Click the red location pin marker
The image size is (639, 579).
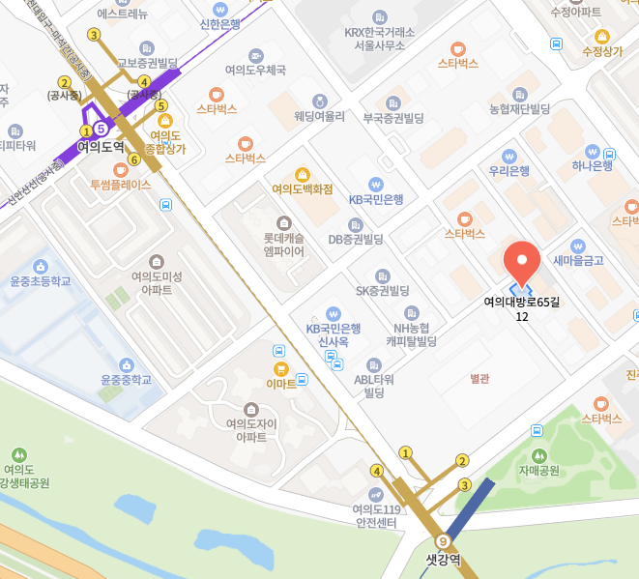click(x=523, y=260)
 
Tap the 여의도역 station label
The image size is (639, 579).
click(x=101, y=146)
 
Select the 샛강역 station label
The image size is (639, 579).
click(x=445, y=559)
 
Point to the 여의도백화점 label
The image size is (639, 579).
click(x=303, y=188)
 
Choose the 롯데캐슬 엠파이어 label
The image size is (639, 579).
click(x=283, y=245)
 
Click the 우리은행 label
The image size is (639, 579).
click(x=508, y=171)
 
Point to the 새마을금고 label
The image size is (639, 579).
click(x=578, y=260)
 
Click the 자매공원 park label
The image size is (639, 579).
click(x=538, y=471)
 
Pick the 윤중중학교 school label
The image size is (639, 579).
click(x=127, y=379)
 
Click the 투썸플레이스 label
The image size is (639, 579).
click(x=121, y=184)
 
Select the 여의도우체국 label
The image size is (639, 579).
click(x=255, y=70)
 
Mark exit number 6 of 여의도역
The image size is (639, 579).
click(x=133, y=159)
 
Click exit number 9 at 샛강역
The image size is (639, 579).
click(x=444, y=541)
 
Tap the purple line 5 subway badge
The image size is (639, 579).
click(x=101, y=128)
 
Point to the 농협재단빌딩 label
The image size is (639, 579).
click(x=519, y=107)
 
